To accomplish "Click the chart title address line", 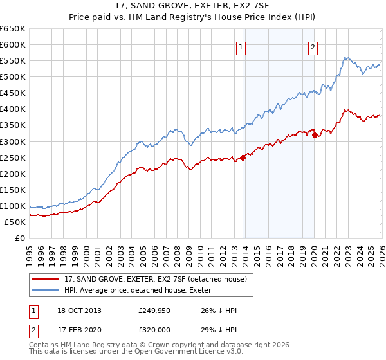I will [x=193, y=7].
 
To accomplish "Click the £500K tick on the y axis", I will [x=12, y=77].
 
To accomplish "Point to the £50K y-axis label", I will [x=14, y=222].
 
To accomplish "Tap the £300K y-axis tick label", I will [x=12, y=141].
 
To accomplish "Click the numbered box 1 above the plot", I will [x=240, y=47].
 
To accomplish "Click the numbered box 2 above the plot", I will [x=313, y=47].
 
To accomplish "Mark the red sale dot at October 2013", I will [x=243, y=157].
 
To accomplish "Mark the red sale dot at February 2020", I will [x=315, y=135].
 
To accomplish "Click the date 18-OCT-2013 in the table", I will [x=78, y=310].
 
